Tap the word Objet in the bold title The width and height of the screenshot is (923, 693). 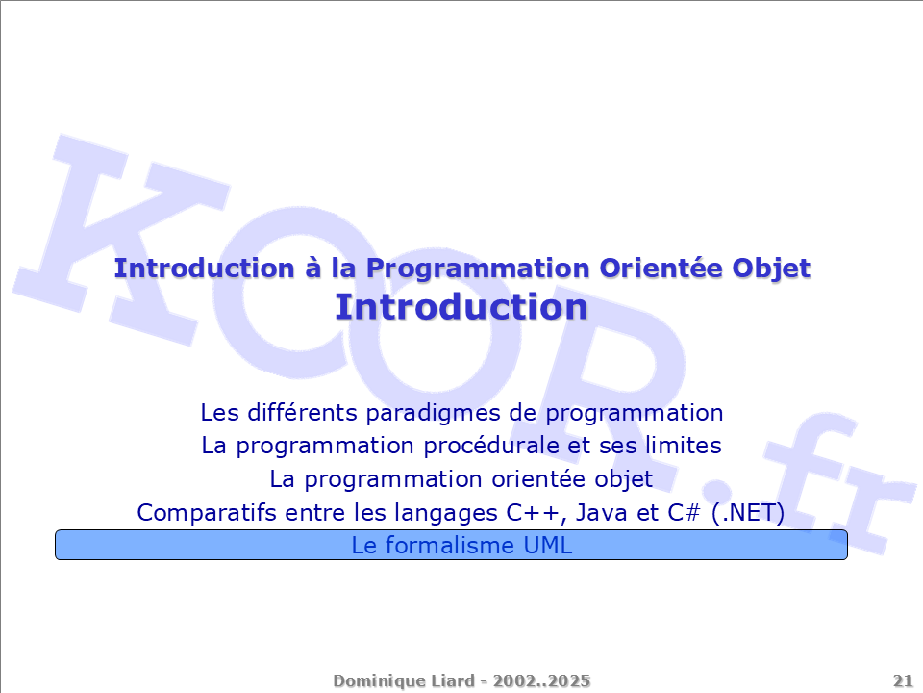771,269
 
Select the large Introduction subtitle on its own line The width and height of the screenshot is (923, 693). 461,307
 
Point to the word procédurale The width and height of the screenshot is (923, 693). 491,447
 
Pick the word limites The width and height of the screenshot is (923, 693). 684,446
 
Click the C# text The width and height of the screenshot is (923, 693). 684,513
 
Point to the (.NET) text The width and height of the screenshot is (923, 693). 748,513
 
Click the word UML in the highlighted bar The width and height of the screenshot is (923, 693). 547,546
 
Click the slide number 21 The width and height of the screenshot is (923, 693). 903,681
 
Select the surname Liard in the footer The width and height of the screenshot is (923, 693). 453,681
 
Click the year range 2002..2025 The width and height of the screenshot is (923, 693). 541,681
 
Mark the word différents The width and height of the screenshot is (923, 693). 303,413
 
